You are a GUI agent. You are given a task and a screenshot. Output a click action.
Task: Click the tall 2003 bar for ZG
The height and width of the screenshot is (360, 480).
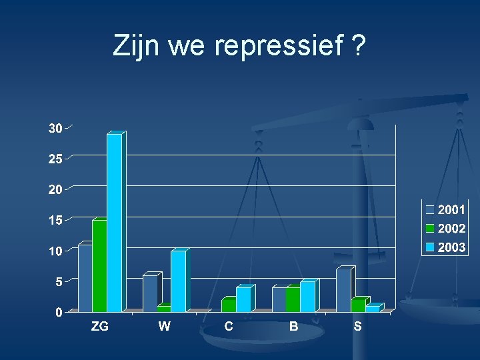(x=115, y=223)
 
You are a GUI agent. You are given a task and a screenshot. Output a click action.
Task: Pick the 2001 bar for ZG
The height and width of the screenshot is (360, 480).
(x=85, y=278)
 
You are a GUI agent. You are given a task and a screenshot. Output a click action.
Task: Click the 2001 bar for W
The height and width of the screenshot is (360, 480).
(x=149, y=293)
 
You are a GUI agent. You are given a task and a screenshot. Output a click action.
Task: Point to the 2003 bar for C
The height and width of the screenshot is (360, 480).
(x=243, y=299)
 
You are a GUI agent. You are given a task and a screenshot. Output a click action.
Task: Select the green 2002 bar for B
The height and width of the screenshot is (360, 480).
(x=293, y=299)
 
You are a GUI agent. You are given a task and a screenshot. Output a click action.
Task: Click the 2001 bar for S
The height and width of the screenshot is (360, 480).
(x=343, y=290)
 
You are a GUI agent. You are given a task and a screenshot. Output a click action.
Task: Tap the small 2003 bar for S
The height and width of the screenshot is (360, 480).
(x=371, y=308)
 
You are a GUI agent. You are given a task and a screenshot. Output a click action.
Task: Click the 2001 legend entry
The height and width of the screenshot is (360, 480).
(x=446, y=209)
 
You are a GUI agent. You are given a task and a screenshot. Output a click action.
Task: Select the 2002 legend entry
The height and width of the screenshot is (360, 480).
(x=446, y=229)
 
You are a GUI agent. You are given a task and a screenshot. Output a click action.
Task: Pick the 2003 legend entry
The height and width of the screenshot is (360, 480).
(x=446, y=247)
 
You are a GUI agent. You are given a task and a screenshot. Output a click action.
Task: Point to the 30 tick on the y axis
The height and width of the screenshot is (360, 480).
(x=55, y=128)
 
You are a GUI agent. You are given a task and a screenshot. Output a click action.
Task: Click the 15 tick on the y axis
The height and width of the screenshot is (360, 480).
(x=55, y=220)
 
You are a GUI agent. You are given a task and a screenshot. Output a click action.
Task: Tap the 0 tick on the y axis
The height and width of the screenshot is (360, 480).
(x=59, y=312)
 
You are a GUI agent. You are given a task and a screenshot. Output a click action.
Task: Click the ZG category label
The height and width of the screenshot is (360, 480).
(x=100, y=327)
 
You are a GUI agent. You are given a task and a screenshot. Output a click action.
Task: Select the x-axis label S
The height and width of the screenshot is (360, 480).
(x=358, y=327)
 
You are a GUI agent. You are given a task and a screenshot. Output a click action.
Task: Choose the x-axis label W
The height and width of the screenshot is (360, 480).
(x=164, y=327)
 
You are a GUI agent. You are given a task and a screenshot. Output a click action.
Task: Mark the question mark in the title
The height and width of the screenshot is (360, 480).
(x=358, y=47)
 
